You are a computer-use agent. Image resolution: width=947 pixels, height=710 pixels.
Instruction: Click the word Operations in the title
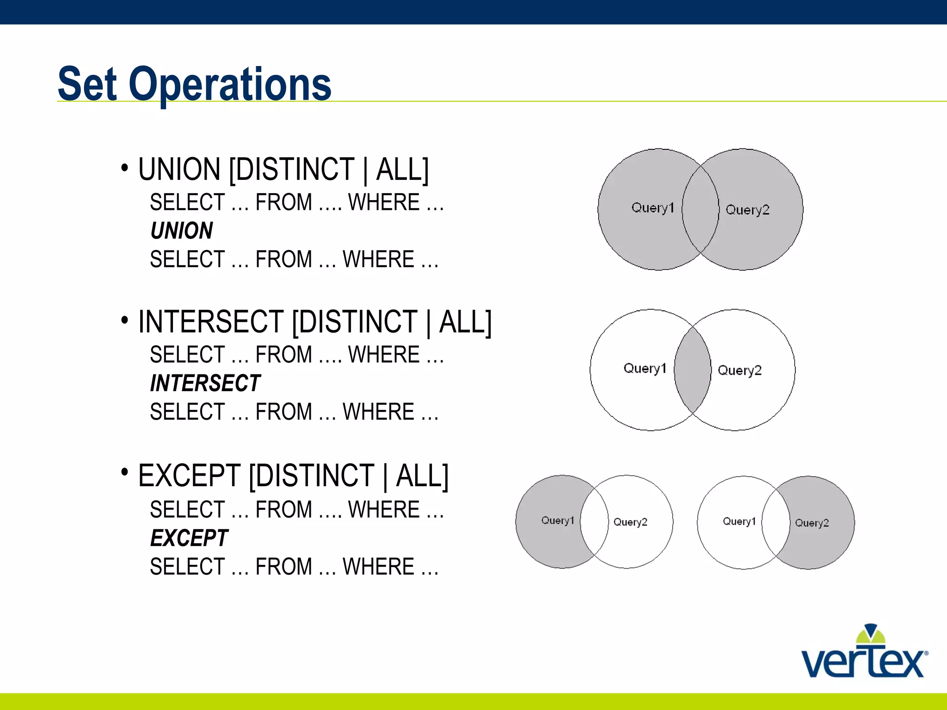[230, 84]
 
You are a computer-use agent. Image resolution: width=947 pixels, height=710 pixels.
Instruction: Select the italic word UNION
[182, 231]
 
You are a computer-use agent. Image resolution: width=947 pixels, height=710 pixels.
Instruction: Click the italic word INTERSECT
[205, 383]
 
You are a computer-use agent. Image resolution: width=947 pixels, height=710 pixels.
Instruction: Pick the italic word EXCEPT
[189, 538]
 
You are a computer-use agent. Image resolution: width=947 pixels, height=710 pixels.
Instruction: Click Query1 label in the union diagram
[652, 208]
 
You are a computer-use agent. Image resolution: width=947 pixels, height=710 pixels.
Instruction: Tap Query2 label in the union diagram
[747, 210]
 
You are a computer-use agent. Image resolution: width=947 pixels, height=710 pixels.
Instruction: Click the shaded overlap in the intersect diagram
[692, 370]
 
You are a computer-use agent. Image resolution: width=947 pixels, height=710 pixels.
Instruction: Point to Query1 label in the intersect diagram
[645, 368]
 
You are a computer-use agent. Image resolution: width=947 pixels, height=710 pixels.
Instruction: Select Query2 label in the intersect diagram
[739, 370]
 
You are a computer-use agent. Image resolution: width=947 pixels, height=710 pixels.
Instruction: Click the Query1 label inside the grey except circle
[557, 520]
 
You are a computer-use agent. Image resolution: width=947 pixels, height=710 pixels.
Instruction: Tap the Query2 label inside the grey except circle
[812, 523]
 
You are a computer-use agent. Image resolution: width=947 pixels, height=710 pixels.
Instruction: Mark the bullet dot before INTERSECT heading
[124, 320]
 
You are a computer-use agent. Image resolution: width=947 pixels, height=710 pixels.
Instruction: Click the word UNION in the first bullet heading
[179, 170]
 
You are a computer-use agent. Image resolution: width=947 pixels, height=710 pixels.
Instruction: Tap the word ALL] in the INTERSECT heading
[465, 322]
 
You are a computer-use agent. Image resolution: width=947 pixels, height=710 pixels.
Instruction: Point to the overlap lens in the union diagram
[700, 209]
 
